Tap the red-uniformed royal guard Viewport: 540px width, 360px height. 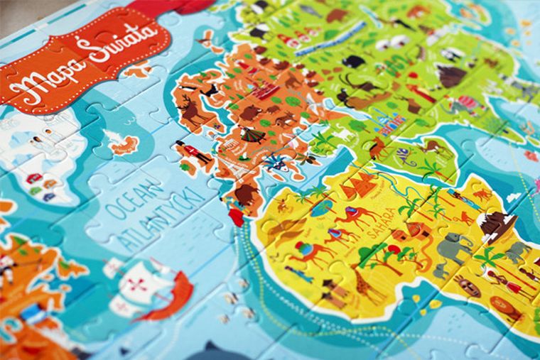coord(190,153)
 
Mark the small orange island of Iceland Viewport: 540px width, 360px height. coord(125,146)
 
